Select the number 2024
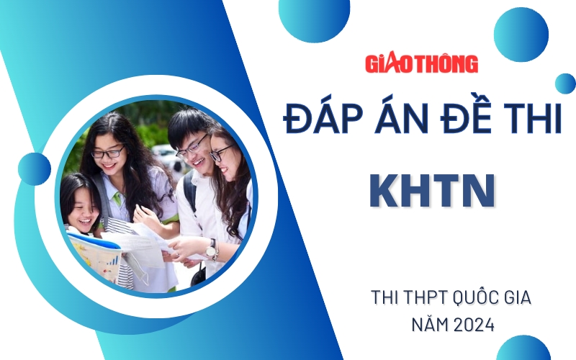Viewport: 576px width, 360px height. [474, 325]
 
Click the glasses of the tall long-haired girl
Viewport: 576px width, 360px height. [108, 153]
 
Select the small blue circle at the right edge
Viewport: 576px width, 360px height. [565, 84]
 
